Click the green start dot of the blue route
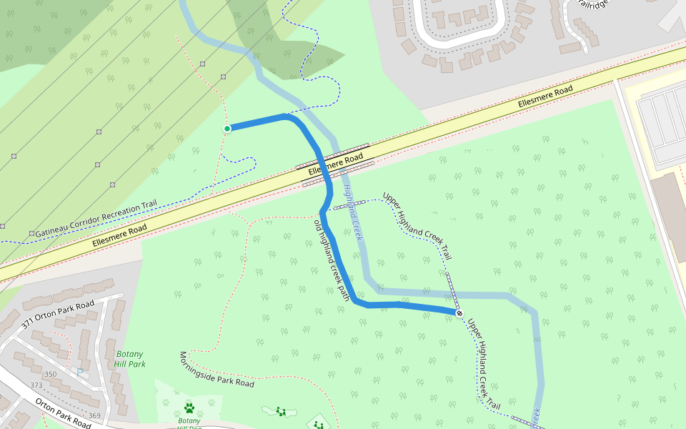tap(227, 129)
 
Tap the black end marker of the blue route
tap(459, 313)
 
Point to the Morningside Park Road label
tap(217, 370)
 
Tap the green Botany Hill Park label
tap(129, 359)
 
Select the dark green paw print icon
tap(189, 408)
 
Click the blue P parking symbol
tap(80, 371)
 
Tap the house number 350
tap(50, 375)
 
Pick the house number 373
tap(36, 385)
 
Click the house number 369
tap(94, 416)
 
